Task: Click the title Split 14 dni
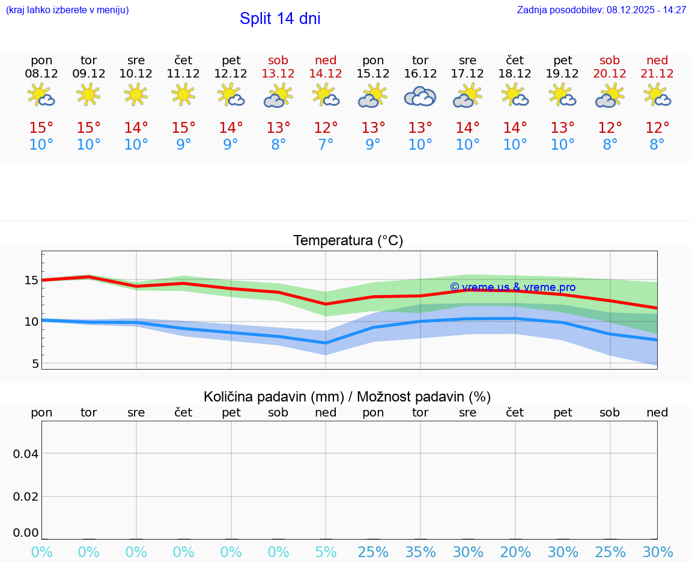pos(280,19)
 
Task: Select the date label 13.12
pos(278,73)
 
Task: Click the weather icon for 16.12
pos(420,96)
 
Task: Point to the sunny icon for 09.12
pos(88,94)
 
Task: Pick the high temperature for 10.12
pos(136,127)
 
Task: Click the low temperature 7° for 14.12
pos(326,144)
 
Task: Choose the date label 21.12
pos(657,73)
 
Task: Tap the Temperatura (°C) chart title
pos(348,240)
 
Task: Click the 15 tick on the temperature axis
pos(31,280)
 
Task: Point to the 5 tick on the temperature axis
pos(35,364)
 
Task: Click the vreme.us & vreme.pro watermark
pos(512,287)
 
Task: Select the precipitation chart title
pos(347,397)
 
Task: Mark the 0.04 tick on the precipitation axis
pos(26,454)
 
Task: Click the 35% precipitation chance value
pos(420,552)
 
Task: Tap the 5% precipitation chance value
pos(326,552)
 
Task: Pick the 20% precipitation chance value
pos(515,552)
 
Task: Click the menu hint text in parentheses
pos(67,10)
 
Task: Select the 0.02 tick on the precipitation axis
pos(26,496)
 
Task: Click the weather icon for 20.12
pos(610,96)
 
